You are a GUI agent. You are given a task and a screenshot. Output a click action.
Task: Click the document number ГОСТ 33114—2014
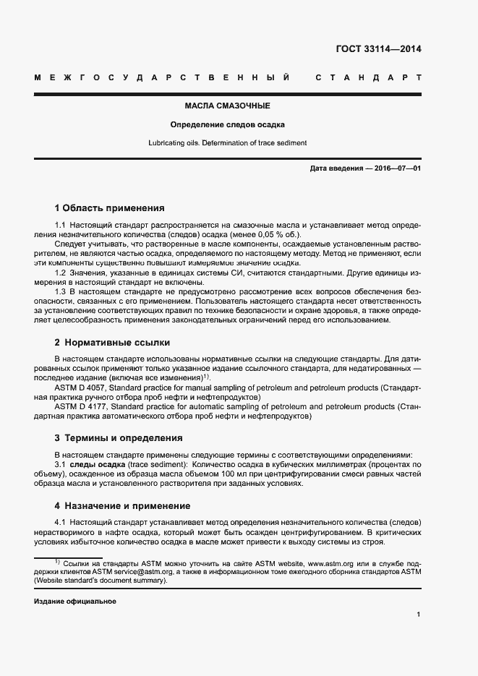pos(378,50)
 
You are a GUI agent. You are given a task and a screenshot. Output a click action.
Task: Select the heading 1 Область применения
pos(109,207)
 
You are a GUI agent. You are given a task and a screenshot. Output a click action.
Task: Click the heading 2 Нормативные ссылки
pos(112,342)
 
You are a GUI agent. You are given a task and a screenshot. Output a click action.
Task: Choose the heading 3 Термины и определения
pos(119,438)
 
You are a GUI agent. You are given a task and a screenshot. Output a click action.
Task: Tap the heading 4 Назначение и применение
pos(122,505)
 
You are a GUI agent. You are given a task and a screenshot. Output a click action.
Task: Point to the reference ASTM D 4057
pos(85,388)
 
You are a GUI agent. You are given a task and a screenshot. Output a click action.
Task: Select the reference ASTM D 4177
pos(85,407)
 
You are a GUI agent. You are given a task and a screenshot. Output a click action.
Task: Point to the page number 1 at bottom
pos(419,615)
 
